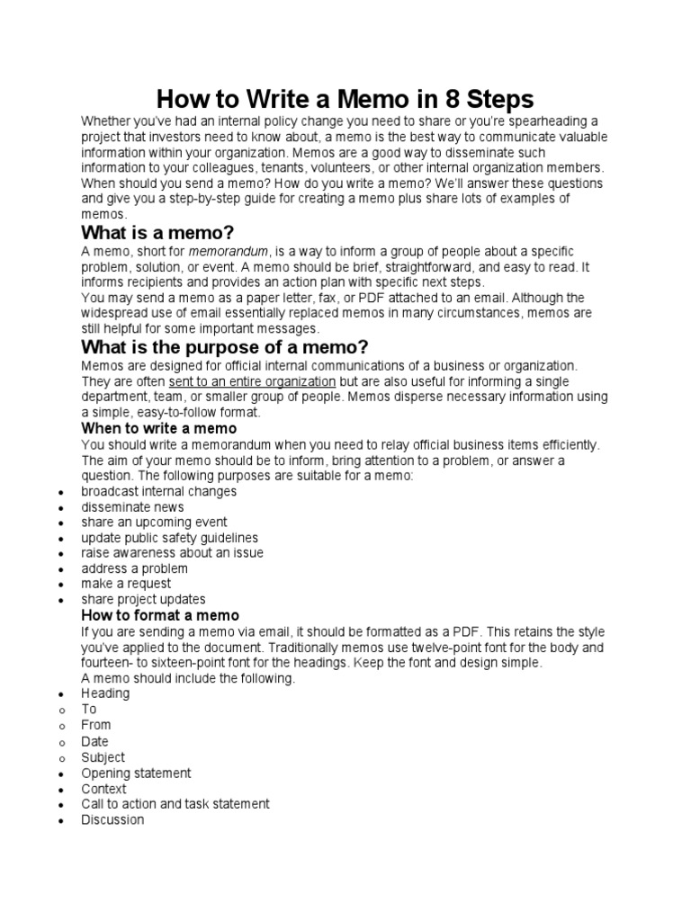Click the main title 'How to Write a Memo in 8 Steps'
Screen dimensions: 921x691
[x=346, y=98]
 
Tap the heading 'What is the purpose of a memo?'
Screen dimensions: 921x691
[x=225, y=347]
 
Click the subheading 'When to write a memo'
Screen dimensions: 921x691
[x=159, y=428]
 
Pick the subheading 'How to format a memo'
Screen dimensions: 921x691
[x=160, y=615]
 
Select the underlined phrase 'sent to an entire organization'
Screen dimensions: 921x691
[x=252, y=381]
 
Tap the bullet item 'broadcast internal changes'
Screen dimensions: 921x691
[x=158, y=491]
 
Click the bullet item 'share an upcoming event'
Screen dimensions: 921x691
[x=154, y=523]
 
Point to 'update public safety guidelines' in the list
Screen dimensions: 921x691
[x=169, y=538]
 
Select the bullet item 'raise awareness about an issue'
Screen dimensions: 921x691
[x=172, y=553]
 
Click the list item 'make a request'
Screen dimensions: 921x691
[x=126, y=584]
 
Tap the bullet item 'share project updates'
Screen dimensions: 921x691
[x=143, y=599]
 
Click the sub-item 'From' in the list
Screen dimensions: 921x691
[x=96, y=725]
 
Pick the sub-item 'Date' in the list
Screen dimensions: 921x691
[x=94, y=741]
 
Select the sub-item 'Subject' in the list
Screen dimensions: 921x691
[x=103, y=757]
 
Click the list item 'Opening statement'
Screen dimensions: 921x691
[x=136, y=773]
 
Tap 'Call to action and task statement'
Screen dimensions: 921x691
[x=175, y=804]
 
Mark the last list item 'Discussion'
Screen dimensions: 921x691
[x=112, y=819]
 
